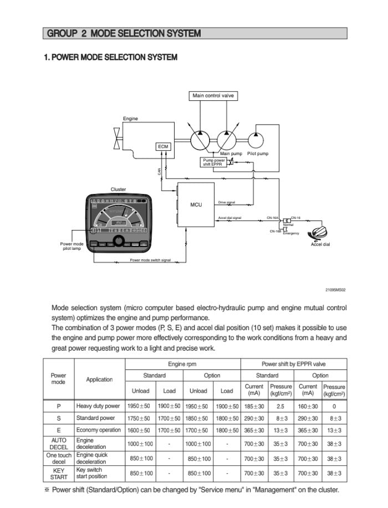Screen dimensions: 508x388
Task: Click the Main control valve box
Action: pos(213,96)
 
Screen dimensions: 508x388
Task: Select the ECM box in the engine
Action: pos(163,146)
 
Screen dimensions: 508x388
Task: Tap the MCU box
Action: pos(196,205)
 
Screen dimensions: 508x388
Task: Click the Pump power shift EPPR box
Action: pos(213,162)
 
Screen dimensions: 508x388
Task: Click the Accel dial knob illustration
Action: pos(320,234)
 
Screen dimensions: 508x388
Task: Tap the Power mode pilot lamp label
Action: pos(72,246)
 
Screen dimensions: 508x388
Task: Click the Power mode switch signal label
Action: pos(150,260)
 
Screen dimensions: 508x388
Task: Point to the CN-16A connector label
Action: pos(272,218)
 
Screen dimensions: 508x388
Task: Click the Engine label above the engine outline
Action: pos(130,119)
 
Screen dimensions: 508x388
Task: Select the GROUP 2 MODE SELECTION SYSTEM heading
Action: pos(124,34)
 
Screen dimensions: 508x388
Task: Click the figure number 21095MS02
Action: pos(335,290)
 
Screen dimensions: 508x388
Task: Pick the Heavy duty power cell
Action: pos(98,406)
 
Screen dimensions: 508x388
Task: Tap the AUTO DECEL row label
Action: pos(59,444)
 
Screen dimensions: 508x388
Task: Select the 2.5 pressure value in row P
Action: pos(280,406)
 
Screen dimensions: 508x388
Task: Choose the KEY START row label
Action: pos(59,473)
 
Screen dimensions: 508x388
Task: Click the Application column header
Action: pos(99,379)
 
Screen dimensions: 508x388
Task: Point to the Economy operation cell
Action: pos(99,430)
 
